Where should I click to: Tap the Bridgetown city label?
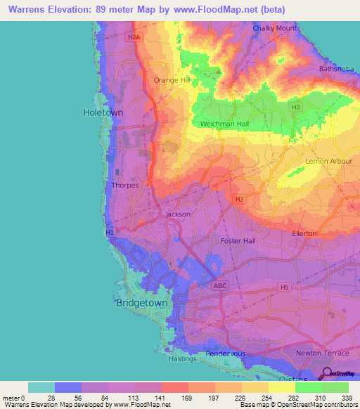141,303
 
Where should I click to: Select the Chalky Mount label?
275,29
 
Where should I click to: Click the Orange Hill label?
172,80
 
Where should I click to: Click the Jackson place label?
177,214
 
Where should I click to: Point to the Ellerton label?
304,233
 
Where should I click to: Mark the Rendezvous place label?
224,353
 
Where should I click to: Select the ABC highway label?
220,286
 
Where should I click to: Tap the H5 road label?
285,287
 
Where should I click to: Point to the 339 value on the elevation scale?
347,397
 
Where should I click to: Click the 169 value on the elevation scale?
188,397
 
